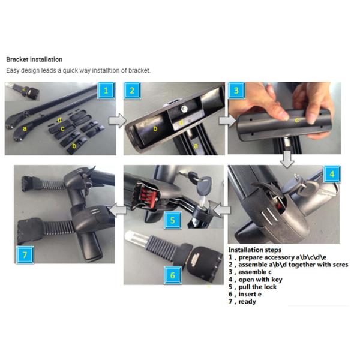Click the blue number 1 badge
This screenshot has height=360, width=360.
[106, 91]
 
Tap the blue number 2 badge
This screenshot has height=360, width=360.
[132, 91]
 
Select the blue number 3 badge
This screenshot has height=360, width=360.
[236, 91]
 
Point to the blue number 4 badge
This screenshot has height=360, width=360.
[332, 174]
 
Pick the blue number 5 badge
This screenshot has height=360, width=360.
[172, 220]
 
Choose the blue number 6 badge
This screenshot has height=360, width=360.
[172, 275]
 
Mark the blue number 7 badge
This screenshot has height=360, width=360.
[25, 254]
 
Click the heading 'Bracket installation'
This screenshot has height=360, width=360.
[34, 59]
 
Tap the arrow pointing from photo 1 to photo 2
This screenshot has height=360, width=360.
[118, 121]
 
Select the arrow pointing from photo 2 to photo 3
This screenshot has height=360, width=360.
[227, 121]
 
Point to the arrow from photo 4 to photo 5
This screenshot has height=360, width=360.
[221, 210]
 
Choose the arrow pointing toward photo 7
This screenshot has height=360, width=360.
[118, 210]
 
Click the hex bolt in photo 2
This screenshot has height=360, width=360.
[184, 109]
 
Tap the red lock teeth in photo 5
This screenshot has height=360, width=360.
[149, 196]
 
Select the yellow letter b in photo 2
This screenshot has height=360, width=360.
[155, 128]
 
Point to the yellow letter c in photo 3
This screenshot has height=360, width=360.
[296, 120]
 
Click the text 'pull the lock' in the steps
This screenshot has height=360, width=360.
[257, 287]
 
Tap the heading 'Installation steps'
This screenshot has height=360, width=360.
[254, 250]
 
